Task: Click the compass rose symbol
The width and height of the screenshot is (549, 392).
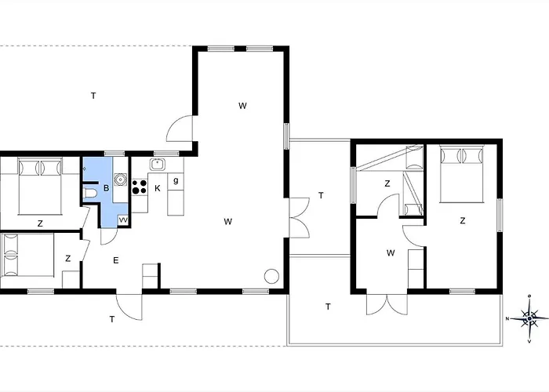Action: pyautogui.click(x=529, y=318)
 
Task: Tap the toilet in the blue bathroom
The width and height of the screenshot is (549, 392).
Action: pyautogui.click(x=90, y=193)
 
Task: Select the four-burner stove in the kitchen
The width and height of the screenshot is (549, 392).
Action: pyautogui.click(x=140, y=187)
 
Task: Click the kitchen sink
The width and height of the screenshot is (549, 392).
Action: pyautogui.click(x=158, y=164)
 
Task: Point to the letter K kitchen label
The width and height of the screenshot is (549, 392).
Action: pyautogui.click(x=158, y=189)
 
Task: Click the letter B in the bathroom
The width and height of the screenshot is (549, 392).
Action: pyautogui.click(x=107, y=188)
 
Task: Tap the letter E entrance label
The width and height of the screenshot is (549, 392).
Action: pyautogui.click(x=116, y=260)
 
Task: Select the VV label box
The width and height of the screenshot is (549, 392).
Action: pyautogui.click(x=123, y=220)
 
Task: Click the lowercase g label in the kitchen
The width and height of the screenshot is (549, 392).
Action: pyautogui.click(x=176, y=180)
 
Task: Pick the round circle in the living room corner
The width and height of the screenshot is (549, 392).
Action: pyautogui.click(x=271, y=276)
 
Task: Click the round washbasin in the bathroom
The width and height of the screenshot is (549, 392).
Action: pyautogui.click(x=121, y=180)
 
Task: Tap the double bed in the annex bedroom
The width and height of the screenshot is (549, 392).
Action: pyautogui.click(x=462, y=174)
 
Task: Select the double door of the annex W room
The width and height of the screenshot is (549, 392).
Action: pyautogui.click(x=387, y=304)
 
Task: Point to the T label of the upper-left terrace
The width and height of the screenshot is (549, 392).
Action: pyautogui.click(x=93, y=96)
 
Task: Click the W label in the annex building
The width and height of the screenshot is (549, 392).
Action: pyautogui.click(x=391, y=252)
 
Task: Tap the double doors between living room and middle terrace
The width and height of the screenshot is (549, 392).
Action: pyautogui.click(x=299, y=218)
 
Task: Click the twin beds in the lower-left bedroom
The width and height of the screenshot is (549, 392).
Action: pyautogui.click(x=28, y=255)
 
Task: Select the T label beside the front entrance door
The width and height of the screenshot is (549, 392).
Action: pyautogui.click(x=112, y=319)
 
